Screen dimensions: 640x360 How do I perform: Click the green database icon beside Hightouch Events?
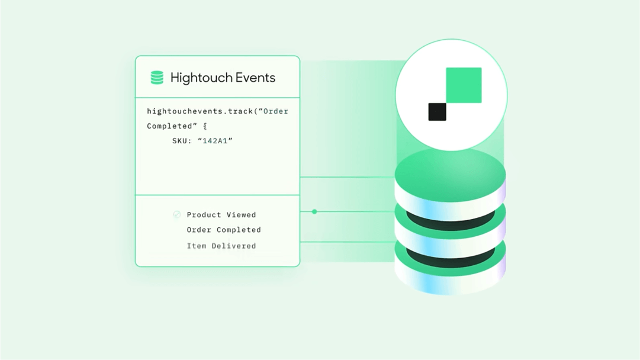[x=157, y=78]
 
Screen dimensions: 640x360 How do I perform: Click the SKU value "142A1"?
[x=215, y=141]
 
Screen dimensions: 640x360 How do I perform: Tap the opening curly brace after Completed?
[x=205, y=126]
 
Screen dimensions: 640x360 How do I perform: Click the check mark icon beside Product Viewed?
[x=176, y=214]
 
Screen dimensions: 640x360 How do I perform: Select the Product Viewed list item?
[x=221, y=215]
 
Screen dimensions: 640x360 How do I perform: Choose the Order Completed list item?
[x=224, y=230]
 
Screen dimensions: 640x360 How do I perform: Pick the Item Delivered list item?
[x=221, y=246]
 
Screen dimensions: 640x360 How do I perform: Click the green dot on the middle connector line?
[x=314, y=211]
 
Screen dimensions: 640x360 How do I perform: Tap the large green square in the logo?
[x=464, y=85]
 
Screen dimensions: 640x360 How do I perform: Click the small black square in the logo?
[x=437, y=112]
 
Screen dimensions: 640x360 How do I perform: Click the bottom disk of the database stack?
[x=450, y=272]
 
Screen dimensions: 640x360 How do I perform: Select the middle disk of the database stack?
[x=450, y=228]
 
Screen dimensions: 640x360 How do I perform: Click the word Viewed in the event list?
[x=241, y=215]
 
